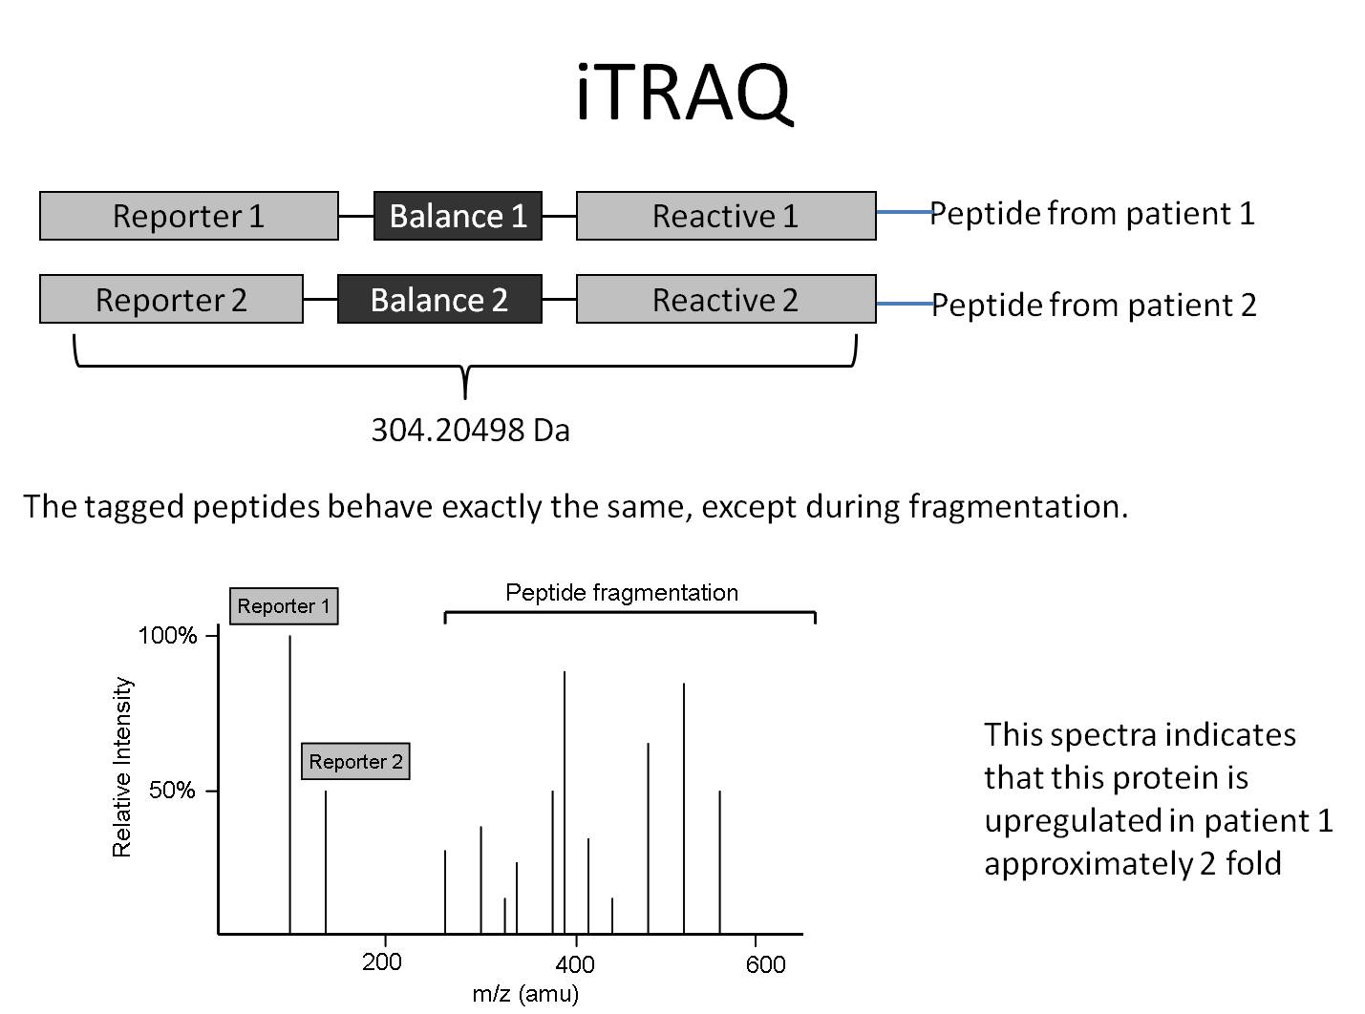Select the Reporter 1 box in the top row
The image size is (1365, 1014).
click(x=188, y=216)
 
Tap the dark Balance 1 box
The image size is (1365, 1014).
click(x=458, y=216)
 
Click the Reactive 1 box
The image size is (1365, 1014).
click(x=725, y=216)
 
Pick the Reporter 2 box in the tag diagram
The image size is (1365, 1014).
click(x=171, y=300)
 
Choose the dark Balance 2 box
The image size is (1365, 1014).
click(x=439, y=300)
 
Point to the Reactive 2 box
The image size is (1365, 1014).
click(x=725, y=300)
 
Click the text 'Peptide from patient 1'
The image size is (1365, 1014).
click(x=1092, y=213)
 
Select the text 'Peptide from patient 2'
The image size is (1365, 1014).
click(x=1094, y=305)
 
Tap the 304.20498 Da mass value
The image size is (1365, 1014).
click(x=470, y=431)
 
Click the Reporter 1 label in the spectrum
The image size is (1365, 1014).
click(x=284, y=606)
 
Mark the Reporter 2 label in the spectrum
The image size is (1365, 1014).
click(x=355, y=762)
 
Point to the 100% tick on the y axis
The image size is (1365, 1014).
click(x=168, y=636)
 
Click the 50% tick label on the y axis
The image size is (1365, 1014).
click(x=172, y=791)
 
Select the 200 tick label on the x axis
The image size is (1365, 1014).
click(x=382, y=961)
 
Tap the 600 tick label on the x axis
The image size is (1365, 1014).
click(x=765, y=964)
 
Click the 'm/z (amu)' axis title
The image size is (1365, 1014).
click(x=525, y=994)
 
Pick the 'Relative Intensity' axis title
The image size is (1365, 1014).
click(x=122, y=767)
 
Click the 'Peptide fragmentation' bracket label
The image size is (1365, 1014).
click(x=622, y=593)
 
